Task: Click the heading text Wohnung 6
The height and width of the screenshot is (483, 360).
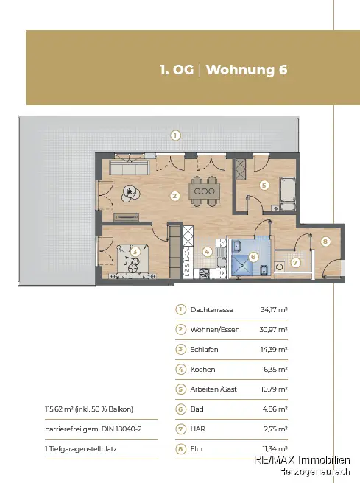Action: [246, 71]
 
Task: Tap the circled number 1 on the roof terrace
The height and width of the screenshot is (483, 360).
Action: [175, 135]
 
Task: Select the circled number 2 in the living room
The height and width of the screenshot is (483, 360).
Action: [174, 196]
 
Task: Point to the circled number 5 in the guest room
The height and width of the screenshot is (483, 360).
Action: [263, 186]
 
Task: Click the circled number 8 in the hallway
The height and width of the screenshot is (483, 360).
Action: [325, 241]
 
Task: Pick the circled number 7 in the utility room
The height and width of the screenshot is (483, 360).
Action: [294, 261]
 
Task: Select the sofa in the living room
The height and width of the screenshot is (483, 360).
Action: [126, 169]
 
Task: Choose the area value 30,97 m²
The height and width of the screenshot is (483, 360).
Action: [273, 330]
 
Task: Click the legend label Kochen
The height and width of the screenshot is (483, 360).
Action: [202, 370]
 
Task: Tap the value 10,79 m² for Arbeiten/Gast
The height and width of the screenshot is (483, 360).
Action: [273, 389]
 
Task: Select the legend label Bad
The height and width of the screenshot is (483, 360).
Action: [197, 409]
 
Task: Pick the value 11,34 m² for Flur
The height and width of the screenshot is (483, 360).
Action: [274, 448]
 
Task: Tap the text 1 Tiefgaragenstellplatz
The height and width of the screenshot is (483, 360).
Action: [82, 448]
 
